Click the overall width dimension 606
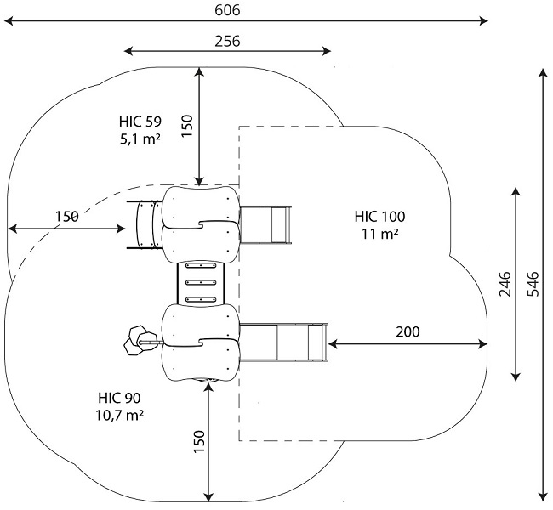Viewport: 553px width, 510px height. coord(227,10)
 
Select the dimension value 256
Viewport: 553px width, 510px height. coord(227,41)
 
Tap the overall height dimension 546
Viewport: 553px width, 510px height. coord(533,284)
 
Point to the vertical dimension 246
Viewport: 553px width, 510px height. coord(505,284)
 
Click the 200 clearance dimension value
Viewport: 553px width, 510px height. coord(408,331)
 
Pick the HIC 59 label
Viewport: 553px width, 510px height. coord(140,122)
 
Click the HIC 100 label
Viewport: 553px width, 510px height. coord(379,217)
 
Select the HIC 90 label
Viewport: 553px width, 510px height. coord(120,398)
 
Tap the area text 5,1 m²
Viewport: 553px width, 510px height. coord(140,139)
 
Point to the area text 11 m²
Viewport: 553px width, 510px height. coord(380,234)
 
